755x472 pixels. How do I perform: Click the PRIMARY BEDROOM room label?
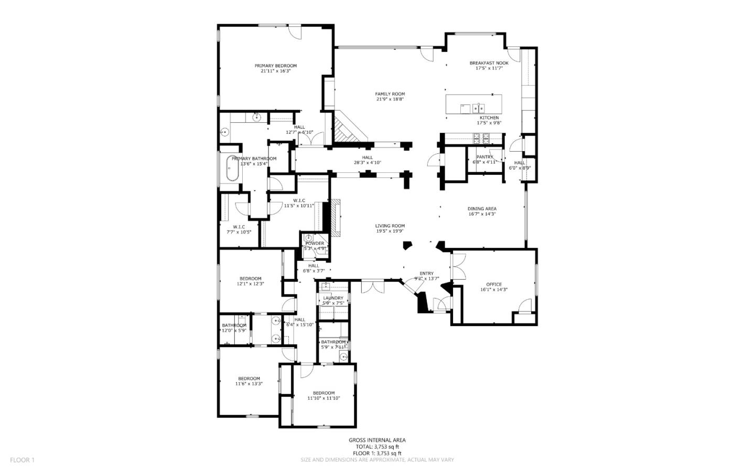[x=275, y=66]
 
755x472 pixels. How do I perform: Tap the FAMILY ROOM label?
[x=390, y=94]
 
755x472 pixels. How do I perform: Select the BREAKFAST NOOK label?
[x=489, y=63]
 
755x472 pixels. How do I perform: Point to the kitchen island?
[x=473, y=104]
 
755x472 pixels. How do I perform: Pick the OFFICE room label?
[x=493, y=285]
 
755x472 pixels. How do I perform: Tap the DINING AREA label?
[x=482, y=208]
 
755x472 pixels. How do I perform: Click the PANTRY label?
[x=484, y=157]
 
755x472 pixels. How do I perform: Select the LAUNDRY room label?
[x=333, y=298]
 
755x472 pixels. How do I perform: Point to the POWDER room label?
[x=315, y=243]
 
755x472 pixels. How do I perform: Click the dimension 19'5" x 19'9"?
[x=390, y=231]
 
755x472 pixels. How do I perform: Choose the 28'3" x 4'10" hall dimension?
[x=367, y=163]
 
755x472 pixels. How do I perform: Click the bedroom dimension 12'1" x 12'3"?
[x=250, y=284]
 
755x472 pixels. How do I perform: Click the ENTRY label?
[x=426, y=273]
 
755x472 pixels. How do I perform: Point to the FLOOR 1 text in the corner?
[x=22, y=460]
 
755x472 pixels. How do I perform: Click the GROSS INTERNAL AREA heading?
[x=377, y=440]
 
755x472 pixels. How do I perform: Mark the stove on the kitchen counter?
[x=481, y=139]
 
